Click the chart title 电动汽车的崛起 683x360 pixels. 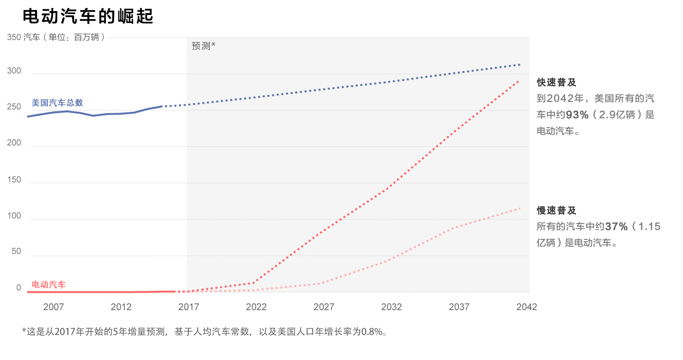tap(88, 16)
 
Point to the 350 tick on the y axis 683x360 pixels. tap(14, 37)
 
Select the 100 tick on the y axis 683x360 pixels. tap(14, 216)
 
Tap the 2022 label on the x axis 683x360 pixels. tap(256, 307)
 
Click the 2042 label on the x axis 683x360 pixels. tap(526, 307)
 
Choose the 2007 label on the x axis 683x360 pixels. tap(53, 307)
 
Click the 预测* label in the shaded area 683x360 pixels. tap(203, 46)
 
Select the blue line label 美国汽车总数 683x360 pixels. tap(57, 103)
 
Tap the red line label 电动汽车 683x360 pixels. tap(49, 285)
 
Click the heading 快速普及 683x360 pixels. tap(556, 82)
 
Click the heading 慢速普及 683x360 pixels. tap(556, 211)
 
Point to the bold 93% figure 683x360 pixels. tap(577, 115)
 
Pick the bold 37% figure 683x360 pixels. tap(616, 227)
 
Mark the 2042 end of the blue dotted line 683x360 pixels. tap(520, 65)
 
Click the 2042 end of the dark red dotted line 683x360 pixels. tap(518, 81)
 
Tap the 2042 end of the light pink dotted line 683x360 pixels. tap(519, 208)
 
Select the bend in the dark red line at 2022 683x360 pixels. tap(254, 283)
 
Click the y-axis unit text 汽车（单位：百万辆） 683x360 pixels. tap(64, 37)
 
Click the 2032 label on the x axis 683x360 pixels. tap(392, 307)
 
